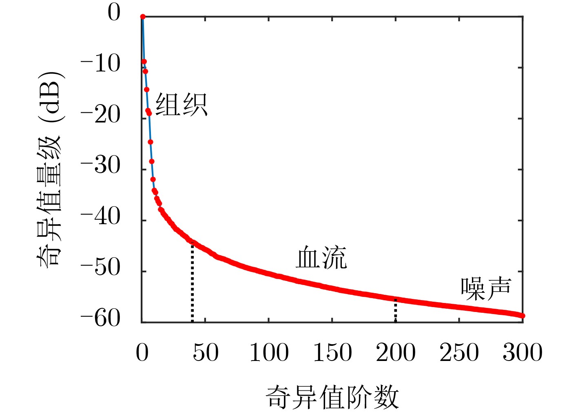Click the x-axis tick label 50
pos(206,352)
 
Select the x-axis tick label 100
pos(269,352)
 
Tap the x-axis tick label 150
pos(332,352)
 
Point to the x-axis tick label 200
pos(396,352)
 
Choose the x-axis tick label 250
pos(459,352)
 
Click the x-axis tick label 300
pos(523,352)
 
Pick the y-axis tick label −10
pos(100,64)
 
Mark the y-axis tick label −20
pos(100,115)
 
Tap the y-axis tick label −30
pos(100,166)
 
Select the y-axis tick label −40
pos(100,217)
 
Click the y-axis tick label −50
pos(100,268)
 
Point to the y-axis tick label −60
pos(100,318)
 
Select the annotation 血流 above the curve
pos(321,258)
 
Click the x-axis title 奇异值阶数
pos(332,397)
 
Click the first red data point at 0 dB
pos(143,17)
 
